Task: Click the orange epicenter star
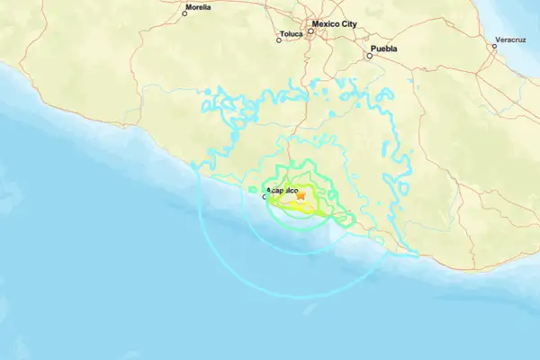click(x=301, y=195)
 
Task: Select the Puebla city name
click(x=383, y=49)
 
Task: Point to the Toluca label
click(x=292, y=34)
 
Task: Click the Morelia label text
click(x=198, y=7)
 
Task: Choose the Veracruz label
click(x=508, y=41)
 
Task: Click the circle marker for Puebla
click(x=368, y=56)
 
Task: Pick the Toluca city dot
click(x=278, y=40)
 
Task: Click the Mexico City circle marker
click(x=310, y=31)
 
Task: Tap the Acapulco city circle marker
click(x=264, y=196)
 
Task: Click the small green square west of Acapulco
click(x=251, y=189)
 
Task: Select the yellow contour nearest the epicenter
click(x=297, y=205)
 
